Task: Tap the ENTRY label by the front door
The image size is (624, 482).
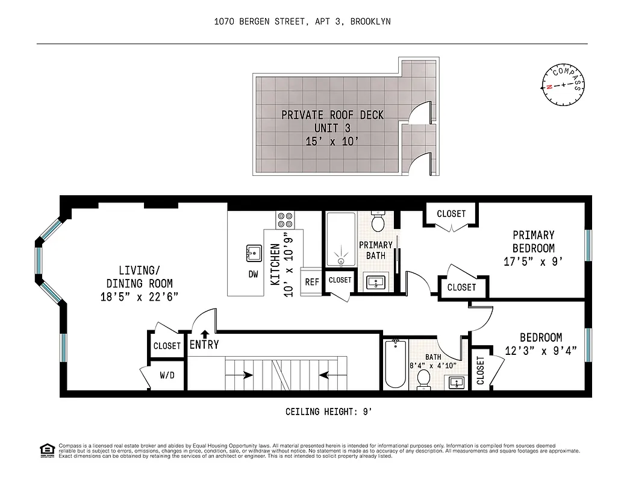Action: pyautogui.click(x=204, y=345)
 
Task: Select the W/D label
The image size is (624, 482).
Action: pyautogui.click(x=167, y=375)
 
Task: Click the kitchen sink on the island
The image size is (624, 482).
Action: pyautogui.click(x=253, y=253)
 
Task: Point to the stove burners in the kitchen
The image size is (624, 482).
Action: pyautogui.click(x=284, y=218)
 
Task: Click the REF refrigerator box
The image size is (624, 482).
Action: pyautogui.click(x=311, y=281)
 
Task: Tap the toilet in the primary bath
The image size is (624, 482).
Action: pyautogui.click(x=378, y=222)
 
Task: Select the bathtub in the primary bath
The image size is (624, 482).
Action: pyautogui.click(x=342, y=239)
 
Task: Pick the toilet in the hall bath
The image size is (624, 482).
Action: pyautogui.click(x=423, y=379)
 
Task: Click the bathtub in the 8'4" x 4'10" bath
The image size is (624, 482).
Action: pyautogui.click(x=396, y=364)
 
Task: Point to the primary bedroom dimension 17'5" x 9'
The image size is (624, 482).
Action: pyautogui.click(x=533, y=261)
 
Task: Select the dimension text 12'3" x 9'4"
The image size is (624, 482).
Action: pyautogui.click(x=541, y=351)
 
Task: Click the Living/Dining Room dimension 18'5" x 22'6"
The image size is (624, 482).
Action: pyautogui.click(x=139, y=296)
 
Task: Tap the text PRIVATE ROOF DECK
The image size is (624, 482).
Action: pyautogui.click(x=332, y=115)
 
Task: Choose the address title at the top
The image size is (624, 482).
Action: pyautogui.click(x=302, y=22)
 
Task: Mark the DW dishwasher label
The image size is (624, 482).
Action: pyautogui.click(x=253, y=274)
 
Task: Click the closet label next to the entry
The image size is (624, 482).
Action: pyautogui.click(x=167, y=346)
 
